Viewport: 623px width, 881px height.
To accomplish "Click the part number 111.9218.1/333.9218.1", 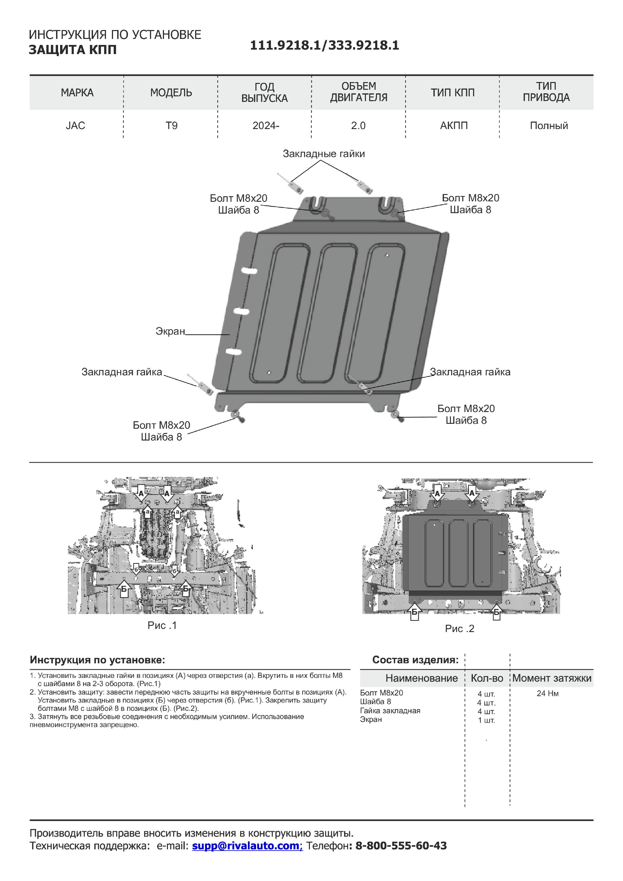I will pos(324,45).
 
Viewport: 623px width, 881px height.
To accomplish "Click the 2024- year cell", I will pos(266,125).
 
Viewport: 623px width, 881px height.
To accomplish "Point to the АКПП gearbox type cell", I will pos(454,125).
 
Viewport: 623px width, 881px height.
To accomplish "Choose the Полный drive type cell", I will pos(548,125).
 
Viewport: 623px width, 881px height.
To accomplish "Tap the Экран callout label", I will pos(170,331).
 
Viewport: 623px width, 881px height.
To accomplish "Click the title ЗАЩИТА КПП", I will pos(73,50).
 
